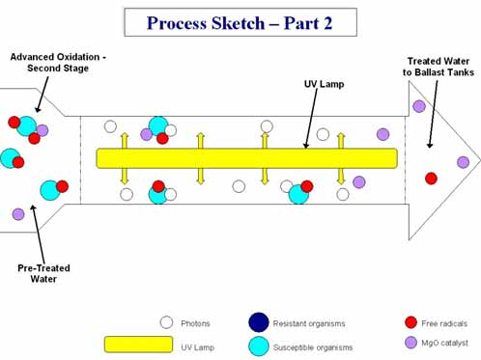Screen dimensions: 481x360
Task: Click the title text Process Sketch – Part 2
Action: (240, 23)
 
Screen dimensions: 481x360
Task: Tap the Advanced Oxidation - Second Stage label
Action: (58, 63)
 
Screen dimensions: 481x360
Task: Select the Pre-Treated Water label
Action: (43, 273)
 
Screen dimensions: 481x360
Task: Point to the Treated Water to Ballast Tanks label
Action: (439, 67)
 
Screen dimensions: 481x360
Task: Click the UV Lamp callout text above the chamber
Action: (324, 84)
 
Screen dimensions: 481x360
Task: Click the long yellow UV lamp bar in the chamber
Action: (247, 158)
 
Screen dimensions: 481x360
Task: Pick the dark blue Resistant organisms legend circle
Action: (259, 322)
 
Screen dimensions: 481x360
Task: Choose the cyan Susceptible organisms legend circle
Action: (259, 346)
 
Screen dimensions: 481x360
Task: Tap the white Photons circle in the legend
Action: (166, 322)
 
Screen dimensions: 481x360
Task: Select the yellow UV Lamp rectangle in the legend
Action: (138, 345)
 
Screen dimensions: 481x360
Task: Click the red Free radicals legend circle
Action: (410, 322)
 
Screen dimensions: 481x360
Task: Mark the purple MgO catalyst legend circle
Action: (410, 343)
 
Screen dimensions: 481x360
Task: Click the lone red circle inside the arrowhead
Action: (431, 179)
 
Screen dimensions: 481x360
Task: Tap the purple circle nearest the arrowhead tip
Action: (463, 162)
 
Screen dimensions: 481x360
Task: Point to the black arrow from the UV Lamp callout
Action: (311, 119)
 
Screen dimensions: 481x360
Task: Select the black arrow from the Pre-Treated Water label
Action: (38, 234)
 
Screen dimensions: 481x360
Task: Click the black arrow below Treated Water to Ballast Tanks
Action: (434, 114)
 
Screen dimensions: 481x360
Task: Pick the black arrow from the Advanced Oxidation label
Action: (42, 95)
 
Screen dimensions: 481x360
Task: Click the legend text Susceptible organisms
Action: (313, 347)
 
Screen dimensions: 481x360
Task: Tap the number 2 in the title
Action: (327, 23)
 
